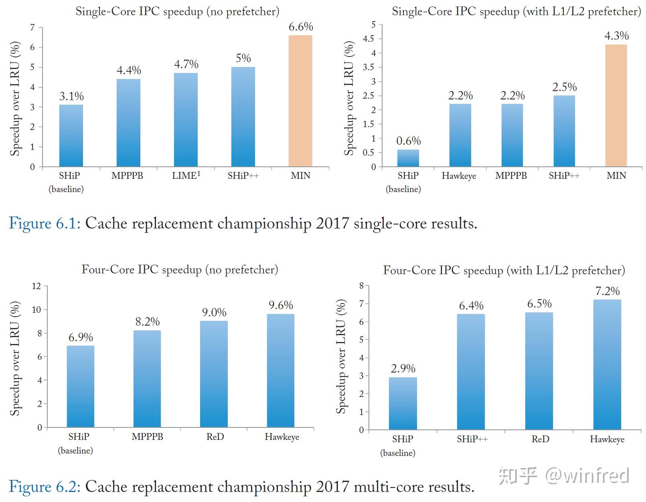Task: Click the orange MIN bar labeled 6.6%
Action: (x=300, y=101)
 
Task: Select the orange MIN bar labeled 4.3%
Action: (x=616, y=105)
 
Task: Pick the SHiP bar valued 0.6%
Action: (x=408, y=158)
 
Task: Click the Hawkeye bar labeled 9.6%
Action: (x=280, y=370)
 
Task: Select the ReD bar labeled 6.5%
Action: (x=539, y=371)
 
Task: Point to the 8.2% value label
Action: (x=147, y=322)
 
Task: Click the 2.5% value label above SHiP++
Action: (x=564, y=87)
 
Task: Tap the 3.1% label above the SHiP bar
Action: (x=71, y=96)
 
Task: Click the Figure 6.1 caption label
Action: (x=45, y=223)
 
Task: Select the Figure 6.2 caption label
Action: (x=45, y=486)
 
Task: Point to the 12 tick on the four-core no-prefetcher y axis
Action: (x=36, y=286)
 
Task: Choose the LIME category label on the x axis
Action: (x=186, y=176)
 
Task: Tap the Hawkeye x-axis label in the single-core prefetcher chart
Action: (x=459, y=176)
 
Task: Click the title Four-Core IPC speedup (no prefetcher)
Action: (x=180, y=269)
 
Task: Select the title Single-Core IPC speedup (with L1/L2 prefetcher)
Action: (x=516, y=11)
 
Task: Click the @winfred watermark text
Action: (x=587, y=476)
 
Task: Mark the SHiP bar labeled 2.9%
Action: (x=403, y=403)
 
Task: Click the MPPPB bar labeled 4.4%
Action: (x=129, y=123)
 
